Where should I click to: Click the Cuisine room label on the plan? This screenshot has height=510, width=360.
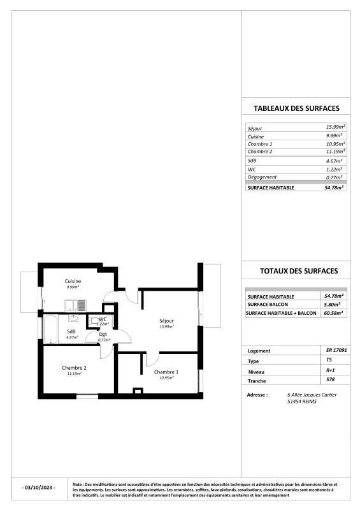[72, 281]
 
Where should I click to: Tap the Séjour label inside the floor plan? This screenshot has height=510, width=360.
[167, 321]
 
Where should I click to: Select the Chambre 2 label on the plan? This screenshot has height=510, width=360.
[74, 368]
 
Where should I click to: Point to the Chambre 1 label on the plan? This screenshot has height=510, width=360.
[166, 372]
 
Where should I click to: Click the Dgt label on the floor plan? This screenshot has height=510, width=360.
[103, 334]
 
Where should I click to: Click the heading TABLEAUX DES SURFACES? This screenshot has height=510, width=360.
[296, 108]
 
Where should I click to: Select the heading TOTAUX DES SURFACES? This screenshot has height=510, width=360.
[299, 271]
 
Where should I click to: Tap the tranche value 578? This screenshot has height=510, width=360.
[330, 379]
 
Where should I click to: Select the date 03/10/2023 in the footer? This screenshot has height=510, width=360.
[39, 488]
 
